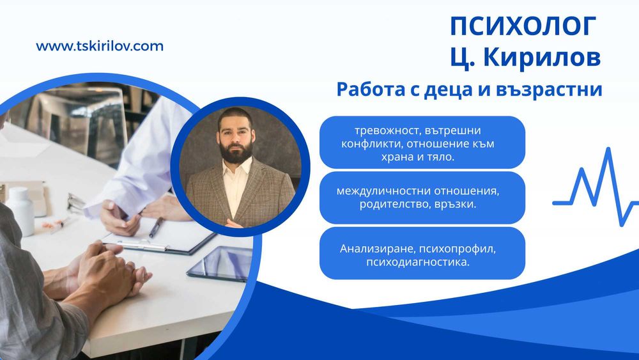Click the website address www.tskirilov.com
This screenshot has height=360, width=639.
click(x=100, y=46)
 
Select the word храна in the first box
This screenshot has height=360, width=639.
click(x=401, y=157)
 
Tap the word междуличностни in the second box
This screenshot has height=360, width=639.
click(x=381, y=191)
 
